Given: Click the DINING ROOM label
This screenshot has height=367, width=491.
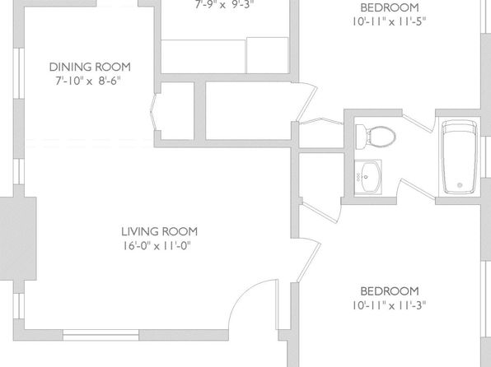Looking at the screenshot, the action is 90,67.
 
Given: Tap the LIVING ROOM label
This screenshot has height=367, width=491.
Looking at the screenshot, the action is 159,231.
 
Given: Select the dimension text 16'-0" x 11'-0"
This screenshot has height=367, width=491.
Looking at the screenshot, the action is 157,245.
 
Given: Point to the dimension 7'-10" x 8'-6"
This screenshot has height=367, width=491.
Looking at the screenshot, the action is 88,81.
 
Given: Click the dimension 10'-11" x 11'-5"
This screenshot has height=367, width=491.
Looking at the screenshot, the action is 389,21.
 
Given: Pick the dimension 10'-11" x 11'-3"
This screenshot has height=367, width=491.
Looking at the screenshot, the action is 389,305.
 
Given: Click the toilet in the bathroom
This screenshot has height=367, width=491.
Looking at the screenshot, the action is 376,137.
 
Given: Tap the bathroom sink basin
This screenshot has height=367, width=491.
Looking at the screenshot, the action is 368,177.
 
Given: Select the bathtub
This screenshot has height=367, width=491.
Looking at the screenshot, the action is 460,156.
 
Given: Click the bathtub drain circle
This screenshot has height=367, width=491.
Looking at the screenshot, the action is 460,185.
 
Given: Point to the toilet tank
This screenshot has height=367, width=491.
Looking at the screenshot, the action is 360,137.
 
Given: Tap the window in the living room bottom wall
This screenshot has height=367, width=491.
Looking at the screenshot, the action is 101,335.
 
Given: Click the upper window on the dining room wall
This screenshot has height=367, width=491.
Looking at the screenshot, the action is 19,73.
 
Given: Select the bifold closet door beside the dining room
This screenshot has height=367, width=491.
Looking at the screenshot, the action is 153,112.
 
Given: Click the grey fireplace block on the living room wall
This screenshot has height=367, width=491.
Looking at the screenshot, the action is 18,239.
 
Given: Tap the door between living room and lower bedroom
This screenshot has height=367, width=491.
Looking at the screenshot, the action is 309,260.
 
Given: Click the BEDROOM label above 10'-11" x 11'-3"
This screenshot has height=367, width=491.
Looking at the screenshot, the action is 390,291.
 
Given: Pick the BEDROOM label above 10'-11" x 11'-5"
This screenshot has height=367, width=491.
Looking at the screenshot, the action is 390,7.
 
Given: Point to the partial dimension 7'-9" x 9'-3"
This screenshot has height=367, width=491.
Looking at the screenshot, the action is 224,4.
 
